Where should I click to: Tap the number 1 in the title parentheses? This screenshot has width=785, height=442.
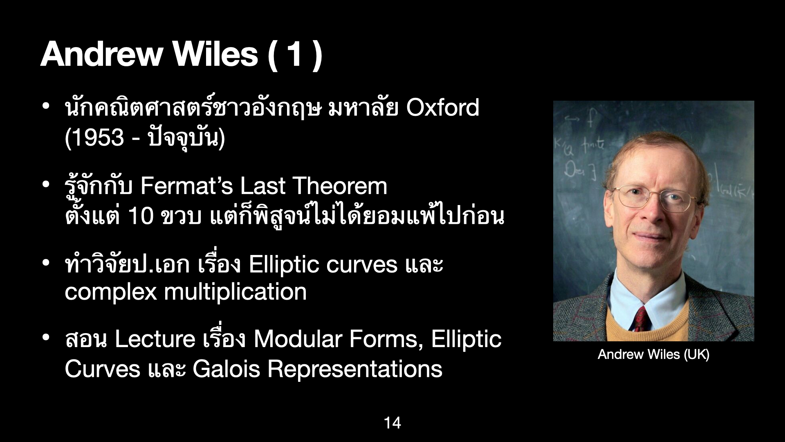(294, 54)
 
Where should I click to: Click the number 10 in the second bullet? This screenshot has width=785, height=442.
(140, 216)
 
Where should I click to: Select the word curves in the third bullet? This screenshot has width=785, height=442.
(362, 264)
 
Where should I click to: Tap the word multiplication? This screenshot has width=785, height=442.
(235, 292)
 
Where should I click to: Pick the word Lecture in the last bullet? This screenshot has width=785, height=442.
(155, 339)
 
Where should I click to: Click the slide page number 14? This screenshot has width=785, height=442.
(392, 423)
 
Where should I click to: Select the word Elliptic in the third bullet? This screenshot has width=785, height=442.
(283, 265)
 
